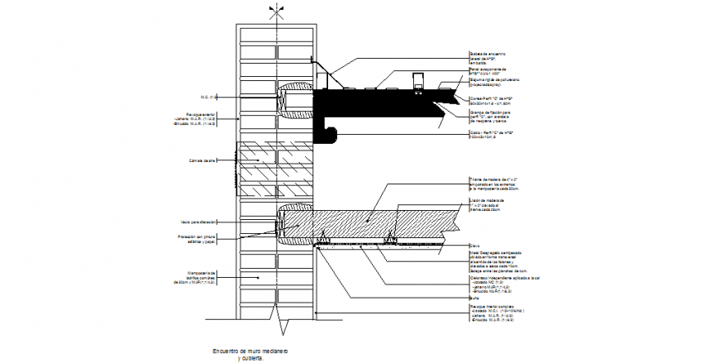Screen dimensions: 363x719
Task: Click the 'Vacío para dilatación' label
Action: (x=198, y=222)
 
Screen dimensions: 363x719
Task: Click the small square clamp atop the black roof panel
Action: (x=417, y=80)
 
